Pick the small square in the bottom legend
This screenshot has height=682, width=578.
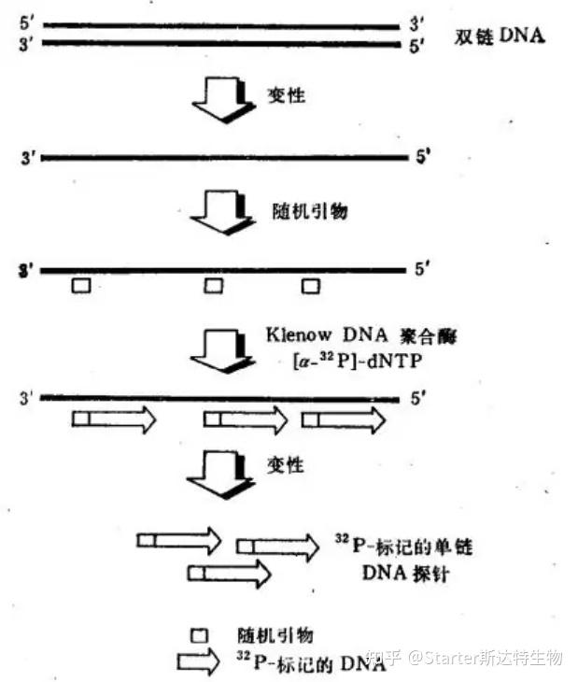pyautogui.click(x=199, y=635)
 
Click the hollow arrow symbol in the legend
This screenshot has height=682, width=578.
pyautogui.click(x=206, y=662)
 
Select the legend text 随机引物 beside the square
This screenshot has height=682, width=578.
pyautogui.click(x=275, y=635)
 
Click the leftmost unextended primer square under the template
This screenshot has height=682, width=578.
pyautogui.click(x=82, y=286)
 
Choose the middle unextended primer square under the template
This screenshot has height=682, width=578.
pyautogui.click(x=213, y=286)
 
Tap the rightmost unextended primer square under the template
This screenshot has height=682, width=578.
pyautogui.click(x=310, y=286)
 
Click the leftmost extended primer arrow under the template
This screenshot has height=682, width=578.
pyautogui.click(x=114, y=420)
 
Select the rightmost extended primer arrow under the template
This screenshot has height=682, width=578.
pyautogui.click(x=343, y=420)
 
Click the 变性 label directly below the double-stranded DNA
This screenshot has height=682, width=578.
pyautogui.click(x=287, y=96)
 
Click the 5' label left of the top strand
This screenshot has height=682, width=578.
pyautogui.click(x=24, y=25)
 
